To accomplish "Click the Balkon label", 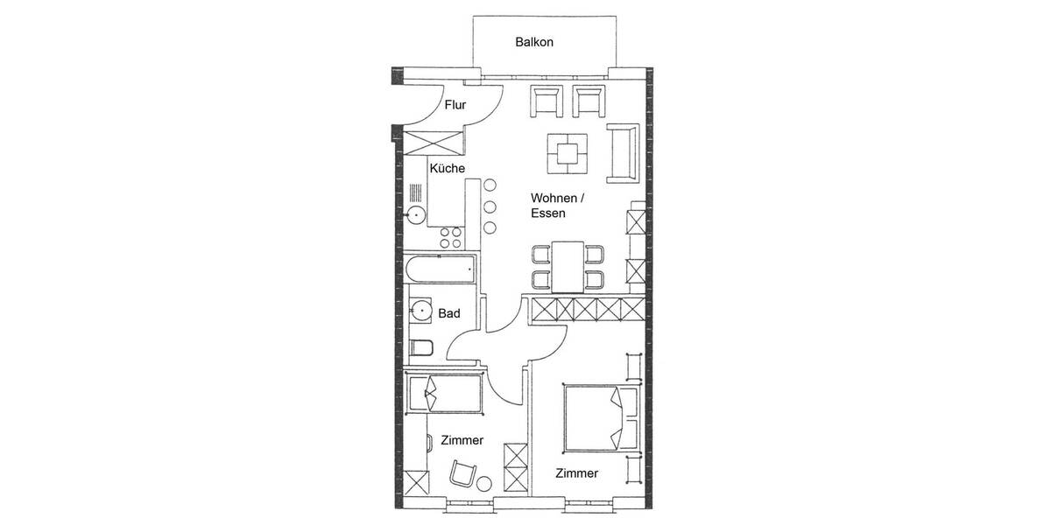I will coord(534,42).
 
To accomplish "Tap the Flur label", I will coord(455,106).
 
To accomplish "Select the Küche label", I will coord(447,168).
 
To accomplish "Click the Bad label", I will coord(449,312).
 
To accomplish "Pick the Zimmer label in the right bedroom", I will coord(576,473).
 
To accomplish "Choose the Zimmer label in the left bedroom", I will coord(462,440).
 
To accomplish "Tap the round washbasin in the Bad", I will coord(421,310).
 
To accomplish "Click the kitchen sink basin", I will coord(414,213).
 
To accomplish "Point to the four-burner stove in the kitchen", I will coord(450,238).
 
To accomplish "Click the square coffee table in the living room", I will coord(567,153).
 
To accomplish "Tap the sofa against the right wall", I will coord(623,154).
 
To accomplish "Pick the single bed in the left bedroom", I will coord(445,393).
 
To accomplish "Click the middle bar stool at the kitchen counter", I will coord(490,206).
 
